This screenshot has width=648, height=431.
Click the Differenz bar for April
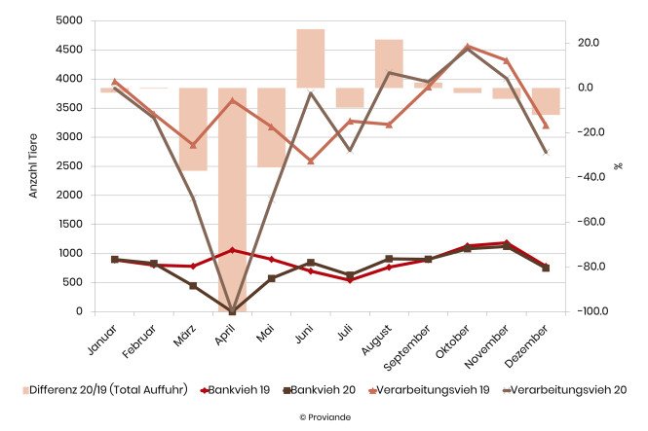click(x=232, y=195)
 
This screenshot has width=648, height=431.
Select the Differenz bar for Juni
click(x=311, y=58)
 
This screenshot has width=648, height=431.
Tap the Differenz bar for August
click(x=389, y=63)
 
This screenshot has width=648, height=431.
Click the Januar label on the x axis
click(x=100, y=338)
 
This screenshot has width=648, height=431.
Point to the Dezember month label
click(x=525, y=341)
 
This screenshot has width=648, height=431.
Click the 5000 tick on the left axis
click(x=67, y=20)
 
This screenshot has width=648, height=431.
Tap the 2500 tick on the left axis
click(x=67, y=166)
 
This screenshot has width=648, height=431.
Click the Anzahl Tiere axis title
click(x=33, y=165)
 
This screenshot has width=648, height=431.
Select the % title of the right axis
click(x=620, y=165)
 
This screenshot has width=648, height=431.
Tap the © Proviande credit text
click(x=324, y=416)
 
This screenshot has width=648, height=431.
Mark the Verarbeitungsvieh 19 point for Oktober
click(x=467, y=46)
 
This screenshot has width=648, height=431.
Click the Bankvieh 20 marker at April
click(x=232, y=311)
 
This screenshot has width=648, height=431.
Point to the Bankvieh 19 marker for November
click(x=506, y=243)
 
